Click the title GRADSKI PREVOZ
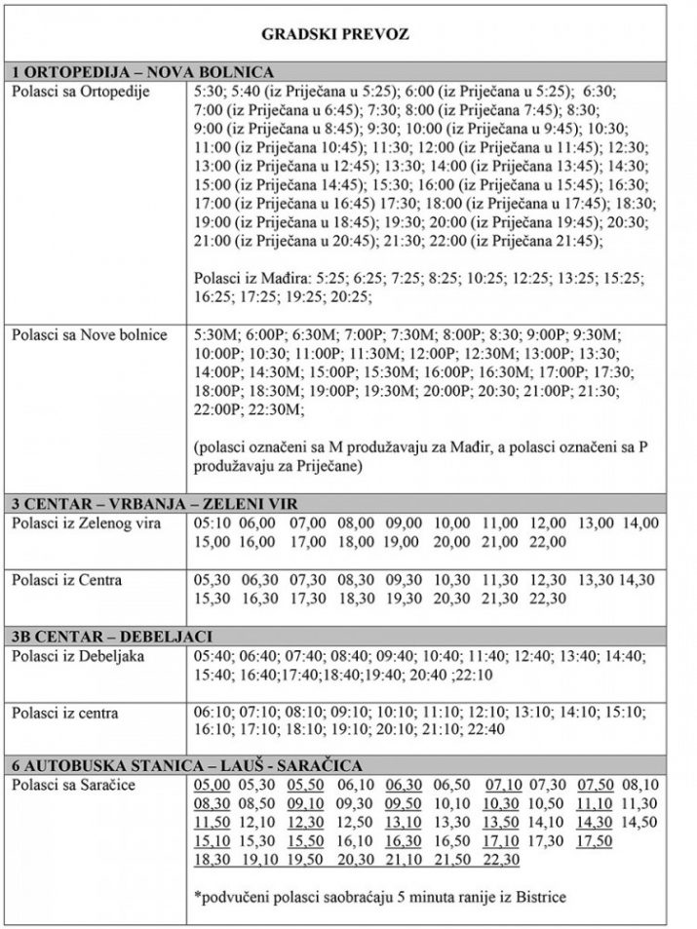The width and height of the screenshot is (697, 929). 336,34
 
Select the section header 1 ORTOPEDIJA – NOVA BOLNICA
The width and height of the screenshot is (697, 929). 143,72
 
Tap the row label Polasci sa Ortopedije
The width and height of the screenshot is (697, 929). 76,90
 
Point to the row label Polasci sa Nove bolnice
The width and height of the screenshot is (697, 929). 90,335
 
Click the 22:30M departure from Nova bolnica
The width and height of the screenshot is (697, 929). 279,409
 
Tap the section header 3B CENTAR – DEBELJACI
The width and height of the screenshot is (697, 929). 112,636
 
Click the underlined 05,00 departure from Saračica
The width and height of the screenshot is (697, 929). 212,786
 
